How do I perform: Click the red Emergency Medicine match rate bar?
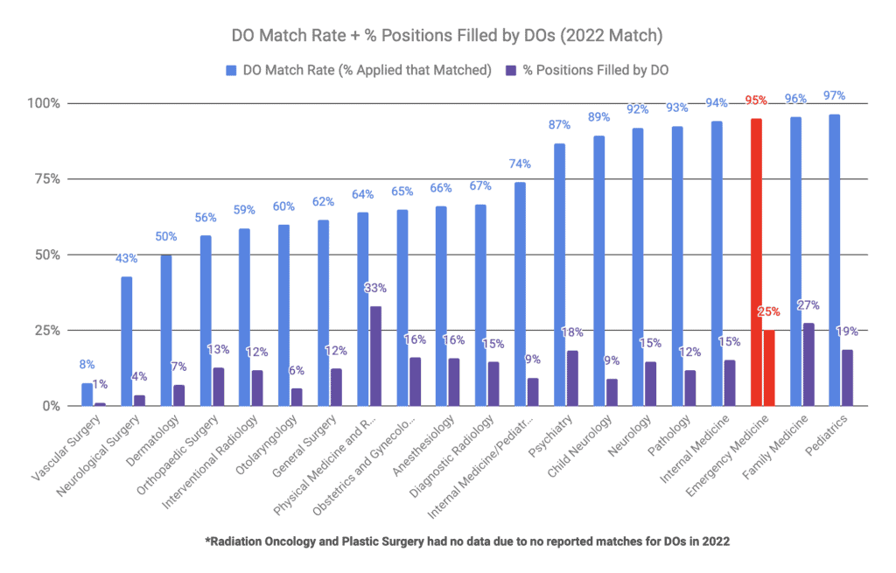point(756,262)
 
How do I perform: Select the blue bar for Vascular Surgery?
point(87,395)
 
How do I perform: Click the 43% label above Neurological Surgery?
point(127,259)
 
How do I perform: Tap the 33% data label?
point(376,288)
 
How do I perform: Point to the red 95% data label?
point(756,101)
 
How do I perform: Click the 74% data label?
point(521,164)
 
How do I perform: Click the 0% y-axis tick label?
point(51,406)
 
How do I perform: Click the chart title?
point(448,37)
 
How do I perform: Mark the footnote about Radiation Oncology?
point(467,542)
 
